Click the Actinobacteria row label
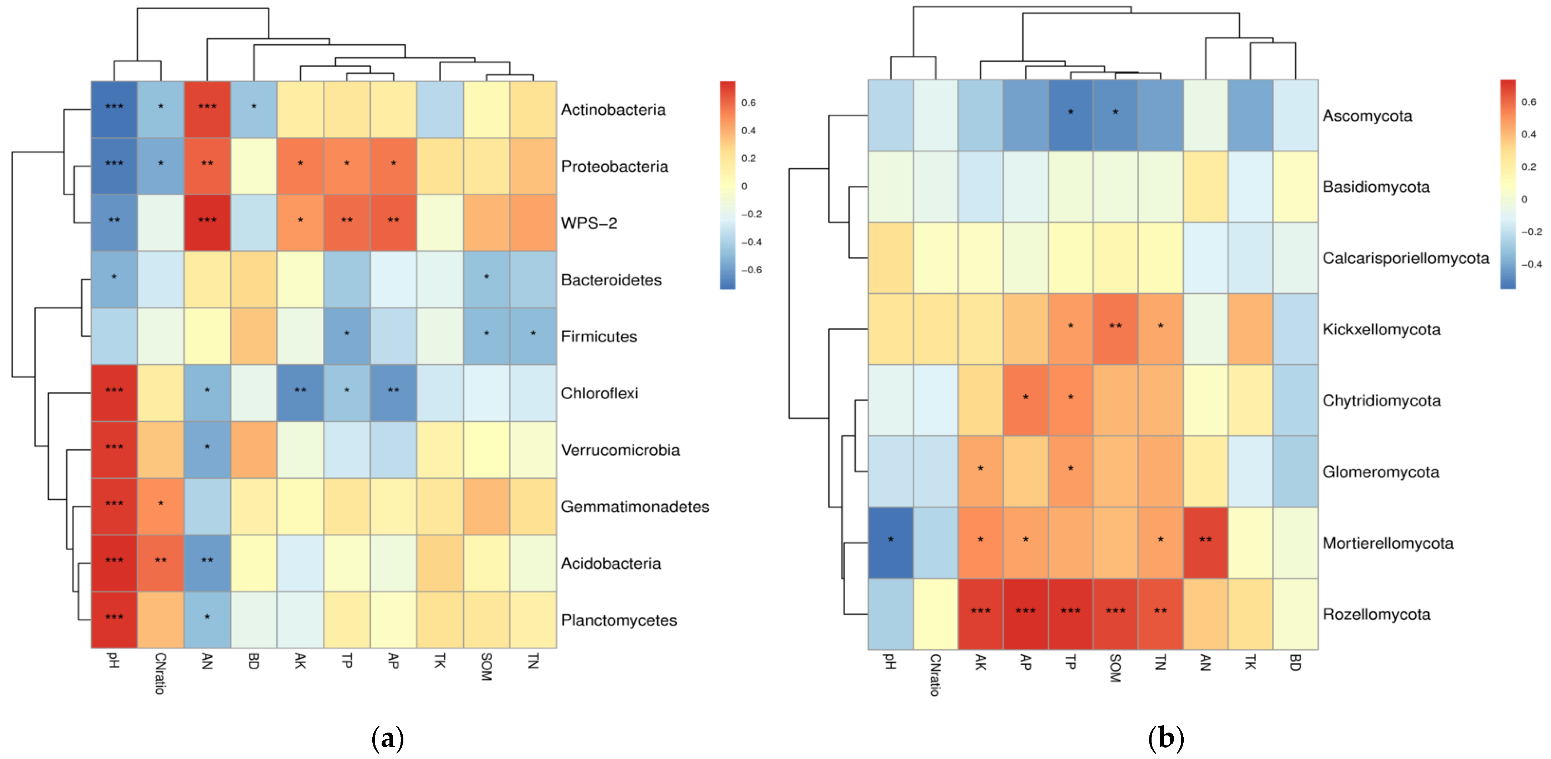[613, 110]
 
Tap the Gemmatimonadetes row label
[635, 506]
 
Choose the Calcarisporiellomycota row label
[1405, 259]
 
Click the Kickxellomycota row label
[1381, 330]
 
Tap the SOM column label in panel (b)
[1115, 668]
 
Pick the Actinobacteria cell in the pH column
[114, 110]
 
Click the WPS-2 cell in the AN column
[207, 223]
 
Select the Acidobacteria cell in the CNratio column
[161, 563]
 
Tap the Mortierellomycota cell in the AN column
[1205, 543]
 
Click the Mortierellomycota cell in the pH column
[891, 543]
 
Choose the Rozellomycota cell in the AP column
[1025, 614]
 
